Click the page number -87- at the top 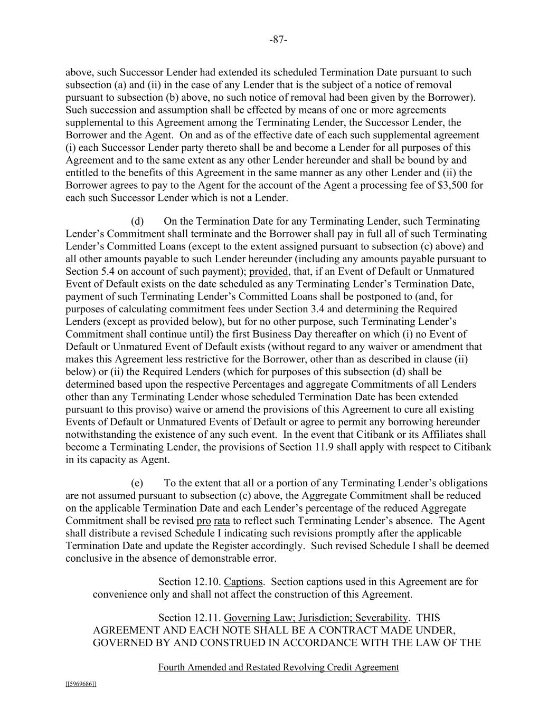(278, 40)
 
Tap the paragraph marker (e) (137, 483)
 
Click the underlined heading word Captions (243, 582)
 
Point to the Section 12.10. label (188, 582)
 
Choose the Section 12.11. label (188, 618)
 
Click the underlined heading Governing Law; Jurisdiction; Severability (316, 618)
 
